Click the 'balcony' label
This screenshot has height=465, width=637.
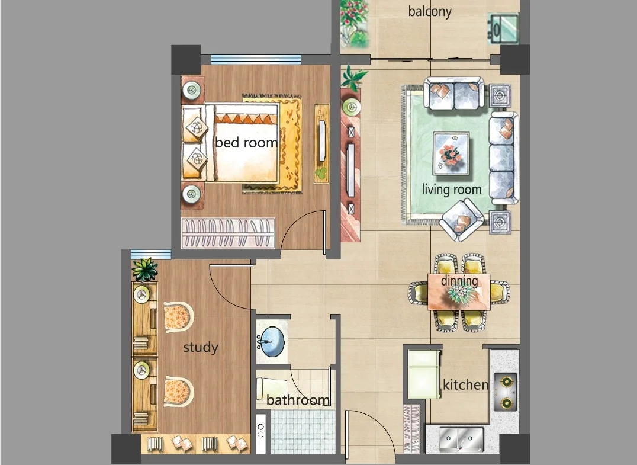pos(430,11)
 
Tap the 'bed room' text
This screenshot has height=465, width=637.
pos(246,142)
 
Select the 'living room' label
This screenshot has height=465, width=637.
pos(451,189)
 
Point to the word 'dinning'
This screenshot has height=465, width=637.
pos(459,281)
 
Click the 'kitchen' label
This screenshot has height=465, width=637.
pos(465,384)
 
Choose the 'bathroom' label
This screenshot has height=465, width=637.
pos(298,400)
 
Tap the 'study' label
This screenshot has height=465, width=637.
pos(201,348)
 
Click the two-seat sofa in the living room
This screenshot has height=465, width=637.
pos(454,94)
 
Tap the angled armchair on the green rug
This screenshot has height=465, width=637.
pos(462,220)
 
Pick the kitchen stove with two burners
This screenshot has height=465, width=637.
pos(506,392)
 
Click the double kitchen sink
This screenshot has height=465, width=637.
pos(461,440)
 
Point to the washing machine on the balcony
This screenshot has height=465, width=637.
pos(503,28)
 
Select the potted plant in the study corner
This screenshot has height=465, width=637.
pos(144,270)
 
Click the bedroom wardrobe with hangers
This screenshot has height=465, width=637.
pos(228,233)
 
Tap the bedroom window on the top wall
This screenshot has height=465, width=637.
pos(256,59)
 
